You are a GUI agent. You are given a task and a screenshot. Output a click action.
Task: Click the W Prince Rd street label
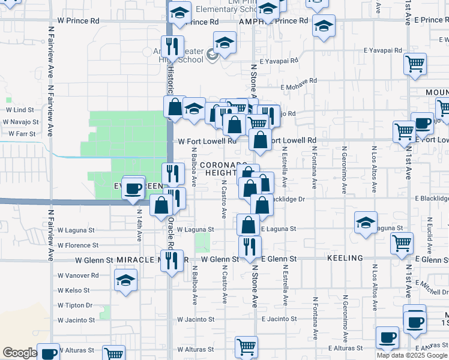(78, 20)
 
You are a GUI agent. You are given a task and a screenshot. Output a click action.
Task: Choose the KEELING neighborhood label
(345, 258)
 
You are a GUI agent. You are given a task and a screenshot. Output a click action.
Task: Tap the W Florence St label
(77, 245)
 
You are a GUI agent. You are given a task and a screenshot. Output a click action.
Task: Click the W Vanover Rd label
(78, 275)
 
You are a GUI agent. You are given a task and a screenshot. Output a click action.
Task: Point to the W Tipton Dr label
(75, 305)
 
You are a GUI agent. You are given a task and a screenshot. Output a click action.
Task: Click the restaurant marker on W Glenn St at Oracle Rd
(172, 260)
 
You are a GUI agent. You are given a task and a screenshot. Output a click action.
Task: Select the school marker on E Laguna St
(366, 223)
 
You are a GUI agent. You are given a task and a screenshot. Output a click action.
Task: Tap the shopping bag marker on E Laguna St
(248, 226)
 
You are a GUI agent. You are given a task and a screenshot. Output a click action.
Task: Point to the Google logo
(20, 353)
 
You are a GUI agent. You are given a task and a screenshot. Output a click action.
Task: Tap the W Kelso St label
(74, 290)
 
